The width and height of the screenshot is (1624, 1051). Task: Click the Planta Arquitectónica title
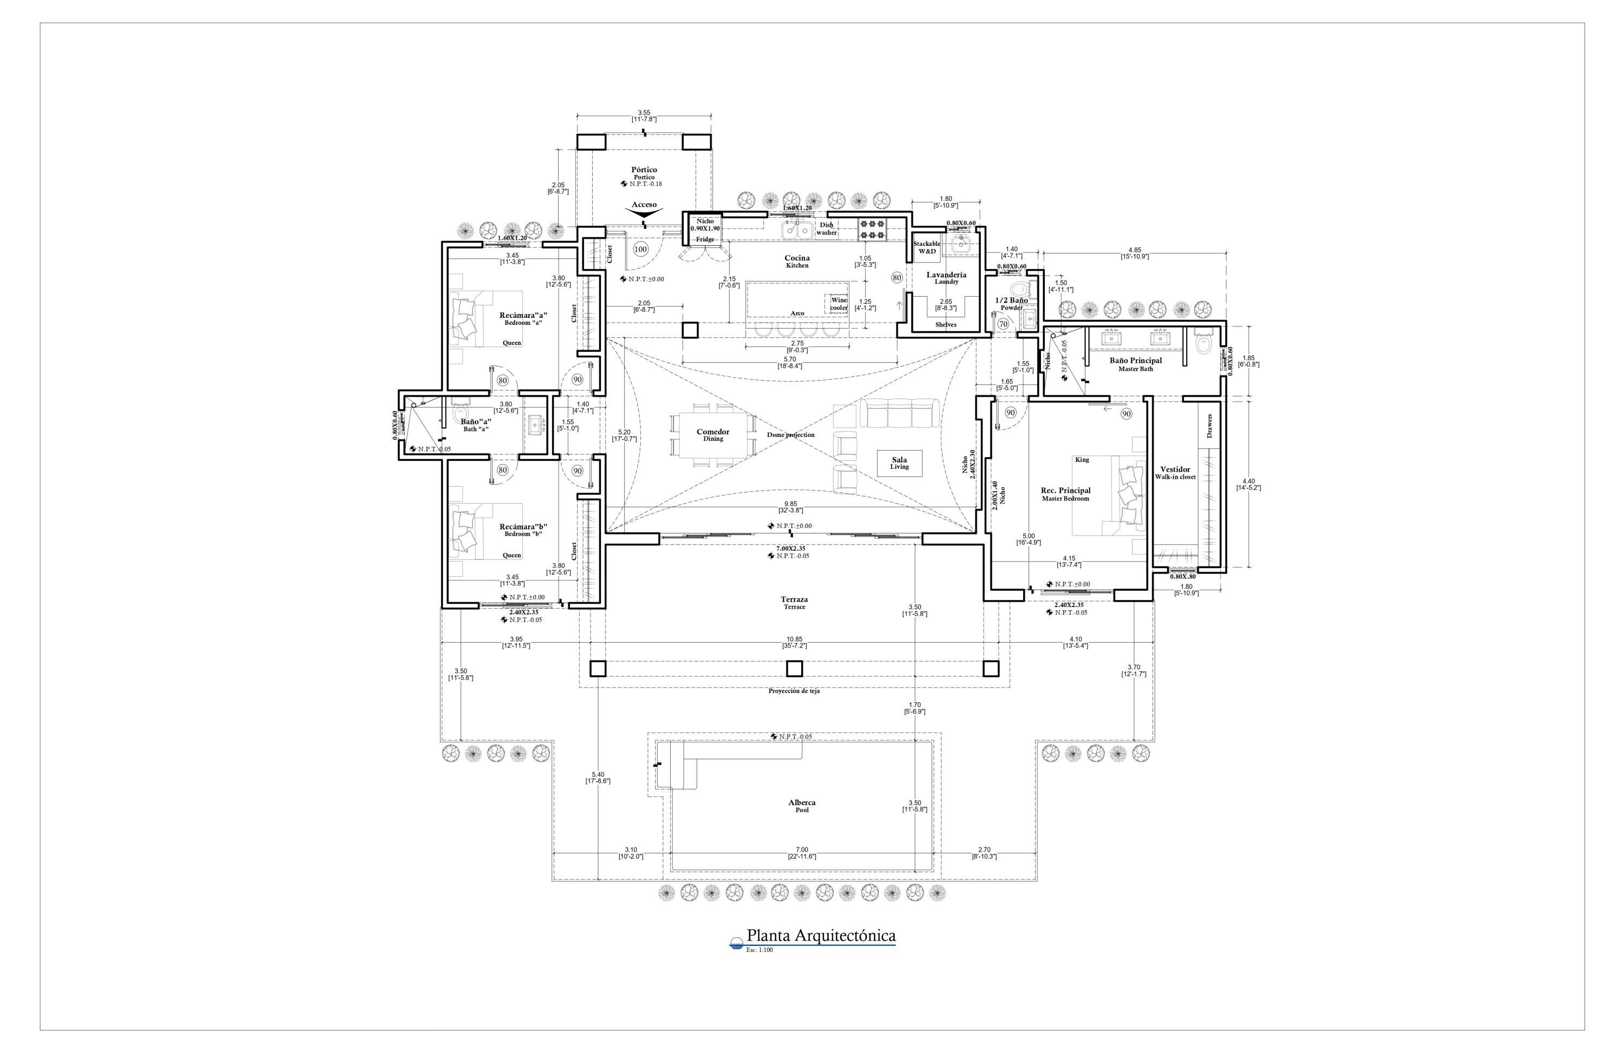pos(820,936)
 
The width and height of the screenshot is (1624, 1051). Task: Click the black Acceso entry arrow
pos(644,214)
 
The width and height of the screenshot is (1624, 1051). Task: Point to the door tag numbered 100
pos(640,249)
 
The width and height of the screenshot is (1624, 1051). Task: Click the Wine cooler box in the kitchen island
pos(839,304)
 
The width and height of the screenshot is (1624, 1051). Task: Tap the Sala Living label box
pos(899,464)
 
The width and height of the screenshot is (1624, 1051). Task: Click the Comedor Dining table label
pos(713,435)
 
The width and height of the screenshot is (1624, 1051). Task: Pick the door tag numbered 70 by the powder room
pos(1003,324)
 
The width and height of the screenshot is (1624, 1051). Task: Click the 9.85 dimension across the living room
pos(791,507)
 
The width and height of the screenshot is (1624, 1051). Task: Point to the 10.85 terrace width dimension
pos(795,642)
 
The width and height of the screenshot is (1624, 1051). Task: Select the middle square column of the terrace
pos(794,668)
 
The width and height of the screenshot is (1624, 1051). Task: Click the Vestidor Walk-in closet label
pos(1175,473)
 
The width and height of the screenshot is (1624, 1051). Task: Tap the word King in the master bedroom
pos(1082,459)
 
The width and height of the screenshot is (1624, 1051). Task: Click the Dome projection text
pos(790,435)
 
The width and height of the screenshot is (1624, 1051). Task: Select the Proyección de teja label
pos(794,691)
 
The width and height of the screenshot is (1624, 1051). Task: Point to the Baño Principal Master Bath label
pos(1135,364)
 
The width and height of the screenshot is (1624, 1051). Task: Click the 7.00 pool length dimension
pos(802,852)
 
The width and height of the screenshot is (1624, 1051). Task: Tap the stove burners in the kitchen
pos(872,229)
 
